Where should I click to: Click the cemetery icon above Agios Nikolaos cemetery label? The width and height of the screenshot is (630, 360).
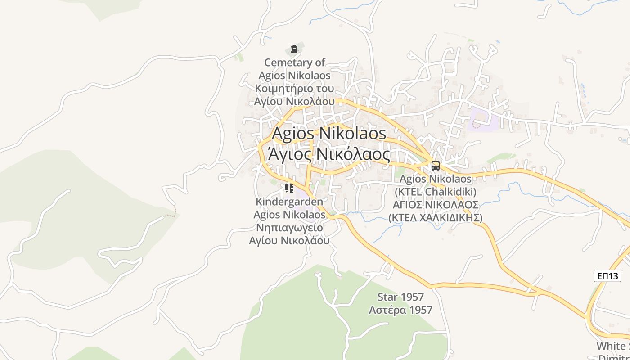click(x=294, y=49)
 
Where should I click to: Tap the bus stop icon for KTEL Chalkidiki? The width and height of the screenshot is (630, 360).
click(x=435, y=165)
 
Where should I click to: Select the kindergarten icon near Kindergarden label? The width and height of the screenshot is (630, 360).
click(x=289, y=188)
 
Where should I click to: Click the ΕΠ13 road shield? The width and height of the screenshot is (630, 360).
click(x=607, y=275)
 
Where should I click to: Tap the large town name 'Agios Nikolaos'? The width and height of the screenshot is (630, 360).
click(x=329, y=133)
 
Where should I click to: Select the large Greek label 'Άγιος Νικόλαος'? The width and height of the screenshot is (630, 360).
click(x=329, y=154)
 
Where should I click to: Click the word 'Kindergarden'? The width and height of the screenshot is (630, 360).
click(x=289, y=202)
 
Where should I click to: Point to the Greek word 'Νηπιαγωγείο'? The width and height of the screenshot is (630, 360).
click(x=289, y=227)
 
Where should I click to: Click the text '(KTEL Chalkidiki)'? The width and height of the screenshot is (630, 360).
click(x=435, y=192)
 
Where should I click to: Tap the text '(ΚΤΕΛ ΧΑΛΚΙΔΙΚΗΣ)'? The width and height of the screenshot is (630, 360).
click(x=435, y=218)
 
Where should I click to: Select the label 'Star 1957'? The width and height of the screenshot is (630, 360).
click(x=400, y=297)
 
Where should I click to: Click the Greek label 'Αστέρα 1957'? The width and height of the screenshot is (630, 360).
click(x=400, y=310)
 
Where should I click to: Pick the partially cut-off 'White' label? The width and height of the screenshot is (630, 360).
click(x=612, y=346)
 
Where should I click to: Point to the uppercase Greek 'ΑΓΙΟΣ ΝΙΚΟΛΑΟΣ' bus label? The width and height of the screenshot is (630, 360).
click(x=435, y=205)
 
